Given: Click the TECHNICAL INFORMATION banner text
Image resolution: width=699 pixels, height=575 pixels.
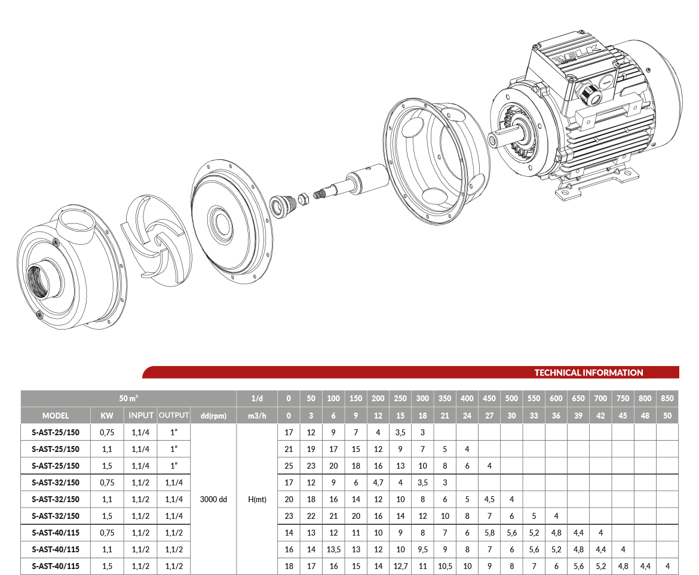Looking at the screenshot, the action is (x=588, y=373).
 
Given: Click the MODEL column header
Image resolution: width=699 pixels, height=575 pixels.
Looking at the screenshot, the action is (x=56, y=416).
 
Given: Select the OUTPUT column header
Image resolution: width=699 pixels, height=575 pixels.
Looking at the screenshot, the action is (x=174, y=415).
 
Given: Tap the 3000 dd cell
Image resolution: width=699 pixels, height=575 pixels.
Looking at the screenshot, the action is (x=213, y=499).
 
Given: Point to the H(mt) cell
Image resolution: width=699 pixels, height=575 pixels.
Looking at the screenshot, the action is (x=257, y=499).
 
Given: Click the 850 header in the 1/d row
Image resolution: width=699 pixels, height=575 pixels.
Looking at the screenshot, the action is (x=667, y=398).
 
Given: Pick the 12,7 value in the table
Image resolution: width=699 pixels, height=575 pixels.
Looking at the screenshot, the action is (x=400, y=566).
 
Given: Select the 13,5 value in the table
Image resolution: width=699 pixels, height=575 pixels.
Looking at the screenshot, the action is (x=333, y=549).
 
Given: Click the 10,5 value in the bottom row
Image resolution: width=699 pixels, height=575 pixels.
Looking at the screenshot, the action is (x=445, y=566).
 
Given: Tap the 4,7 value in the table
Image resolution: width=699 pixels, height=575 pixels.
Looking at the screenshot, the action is (x=378, y=482).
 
